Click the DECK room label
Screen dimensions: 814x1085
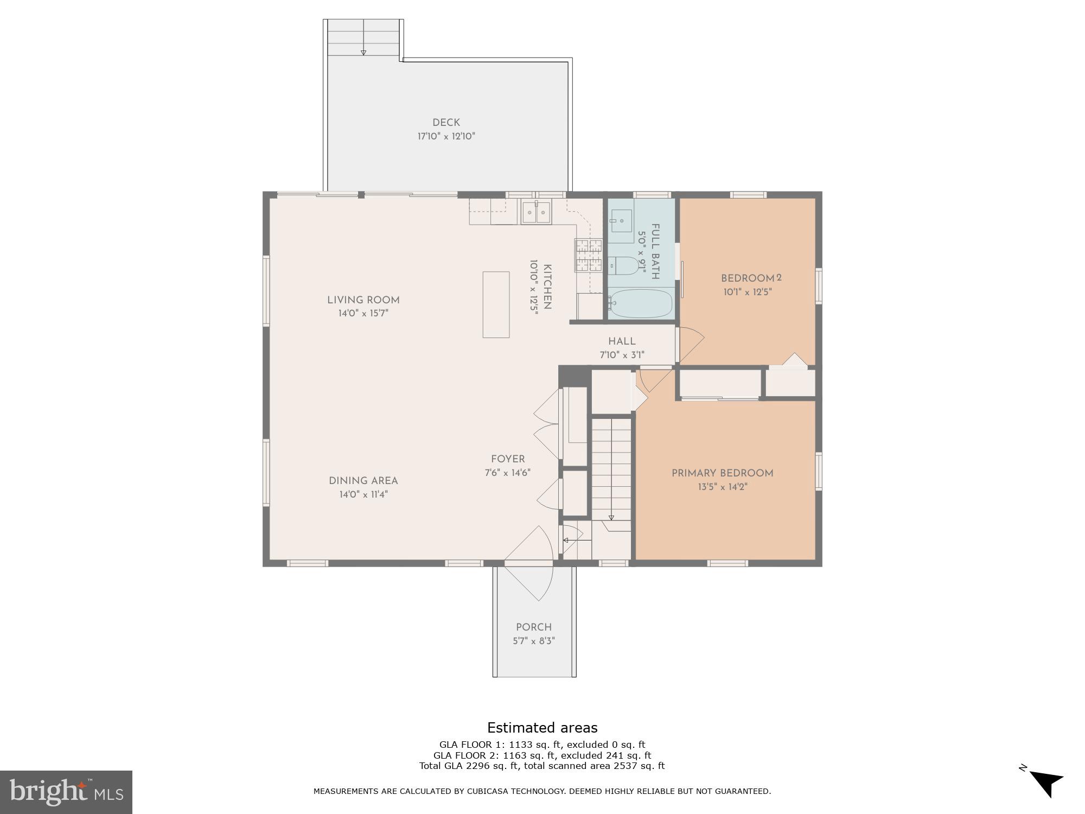click(446, 123)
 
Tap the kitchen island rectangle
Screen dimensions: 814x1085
click(496, 304)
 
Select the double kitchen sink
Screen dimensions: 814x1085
click(536, 212)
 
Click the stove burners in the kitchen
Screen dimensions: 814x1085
click(589, 255)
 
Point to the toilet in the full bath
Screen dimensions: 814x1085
click(624, 266)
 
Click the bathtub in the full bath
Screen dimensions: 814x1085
click(641, 303)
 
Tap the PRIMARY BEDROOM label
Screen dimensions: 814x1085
click(722, 473)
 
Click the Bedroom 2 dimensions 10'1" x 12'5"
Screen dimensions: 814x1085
click(747, 292)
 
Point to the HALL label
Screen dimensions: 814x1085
click(621, 341)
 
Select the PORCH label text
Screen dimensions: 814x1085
click(534, 627)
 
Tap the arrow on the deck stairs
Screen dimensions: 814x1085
click(363, 52)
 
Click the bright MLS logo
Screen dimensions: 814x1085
click(66, 792)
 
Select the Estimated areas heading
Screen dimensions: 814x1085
click(542, 728)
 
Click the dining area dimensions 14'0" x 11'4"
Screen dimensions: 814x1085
click(363, 494)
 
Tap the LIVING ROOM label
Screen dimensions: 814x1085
click(363, 300)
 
